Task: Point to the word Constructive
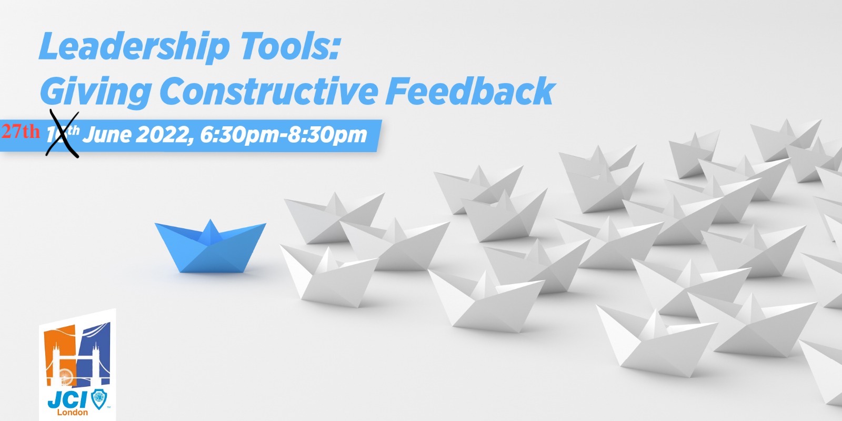268,91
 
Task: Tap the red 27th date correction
21,132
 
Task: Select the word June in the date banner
107,135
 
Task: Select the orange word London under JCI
73,412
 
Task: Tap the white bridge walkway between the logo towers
76,357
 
